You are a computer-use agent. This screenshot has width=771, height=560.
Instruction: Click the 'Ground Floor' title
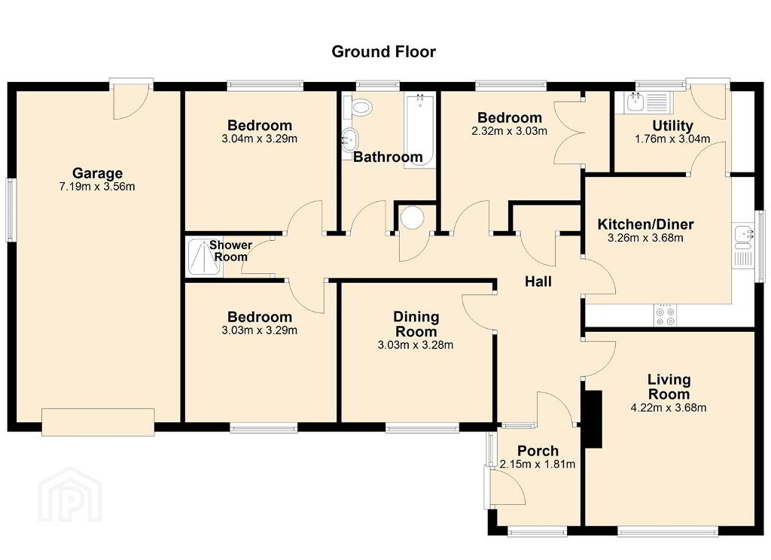(x=383, y=52)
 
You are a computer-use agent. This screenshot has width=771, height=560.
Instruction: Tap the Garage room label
(x=97, y=173)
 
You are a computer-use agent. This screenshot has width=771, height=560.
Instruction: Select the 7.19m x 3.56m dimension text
(x=97, y=187)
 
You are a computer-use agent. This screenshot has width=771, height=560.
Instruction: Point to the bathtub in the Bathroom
(x=419, y=129)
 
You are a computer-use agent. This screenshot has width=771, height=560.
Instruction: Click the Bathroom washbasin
(x=350, y=140)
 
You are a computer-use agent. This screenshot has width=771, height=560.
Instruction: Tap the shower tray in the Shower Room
(x=205, y=257)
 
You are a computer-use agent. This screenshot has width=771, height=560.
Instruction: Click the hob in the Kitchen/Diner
(x=665, y=315)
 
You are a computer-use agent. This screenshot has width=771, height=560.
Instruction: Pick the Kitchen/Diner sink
(x=742, y=237)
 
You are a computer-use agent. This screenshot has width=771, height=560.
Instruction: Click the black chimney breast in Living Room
(x=592, y=419)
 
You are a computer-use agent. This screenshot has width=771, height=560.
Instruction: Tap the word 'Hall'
(x=538, y=282)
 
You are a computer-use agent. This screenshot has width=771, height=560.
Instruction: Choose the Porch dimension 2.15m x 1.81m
(x=538, y=464)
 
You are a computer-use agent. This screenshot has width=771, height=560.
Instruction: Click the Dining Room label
(x=416, y=324)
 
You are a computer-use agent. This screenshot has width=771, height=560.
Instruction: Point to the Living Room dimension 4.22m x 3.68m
(x=669, y=408)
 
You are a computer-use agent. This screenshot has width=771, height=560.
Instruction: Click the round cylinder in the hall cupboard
(x=412, y=218)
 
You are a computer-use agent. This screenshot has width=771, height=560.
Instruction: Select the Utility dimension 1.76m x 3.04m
(x=672, y=139)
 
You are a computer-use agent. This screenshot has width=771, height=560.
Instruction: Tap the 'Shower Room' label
(x=230, y=251)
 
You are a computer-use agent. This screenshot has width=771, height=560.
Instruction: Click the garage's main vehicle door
(x=98, y=422)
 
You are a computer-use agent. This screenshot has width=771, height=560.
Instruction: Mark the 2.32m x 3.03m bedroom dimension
(x=510, y=131)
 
